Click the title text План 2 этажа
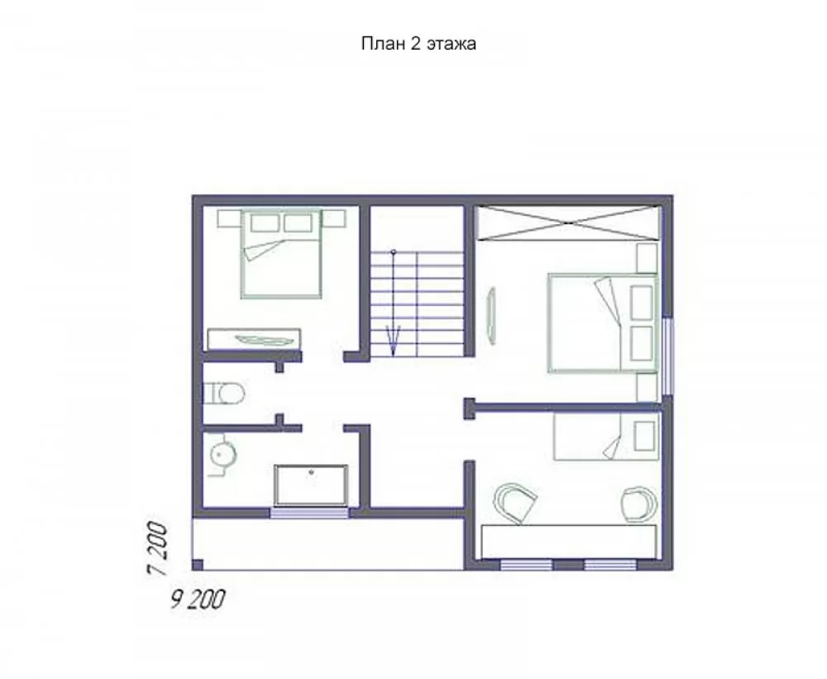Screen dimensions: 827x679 (418, 43)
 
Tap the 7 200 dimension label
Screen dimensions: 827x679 (158, 548)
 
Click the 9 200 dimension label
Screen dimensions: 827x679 (198, 600)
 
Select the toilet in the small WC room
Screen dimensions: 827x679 (223, 393)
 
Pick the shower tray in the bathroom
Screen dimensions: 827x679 (311, 485)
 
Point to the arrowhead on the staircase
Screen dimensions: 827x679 (393, 340)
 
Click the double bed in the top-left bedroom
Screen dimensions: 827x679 (281, 254)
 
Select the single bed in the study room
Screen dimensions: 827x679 (606, 437)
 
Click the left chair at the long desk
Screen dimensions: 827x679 (514, 503)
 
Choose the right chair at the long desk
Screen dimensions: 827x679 (638, 504)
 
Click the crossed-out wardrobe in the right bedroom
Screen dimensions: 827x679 (567, 222)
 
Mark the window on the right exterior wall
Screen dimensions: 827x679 (667, 356)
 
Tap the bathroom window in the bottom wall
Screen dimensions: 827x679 (309, 512)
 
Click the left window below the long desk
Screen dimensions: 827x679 (526, 565)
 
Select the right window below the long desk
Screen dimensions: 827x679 (610, 565)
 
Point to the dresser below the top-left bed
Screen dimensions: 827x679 (254, 340)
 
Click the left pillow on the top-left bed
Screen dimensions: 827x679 (265, 222)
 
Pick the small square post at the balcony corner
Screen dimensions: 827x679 (198, 565)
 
